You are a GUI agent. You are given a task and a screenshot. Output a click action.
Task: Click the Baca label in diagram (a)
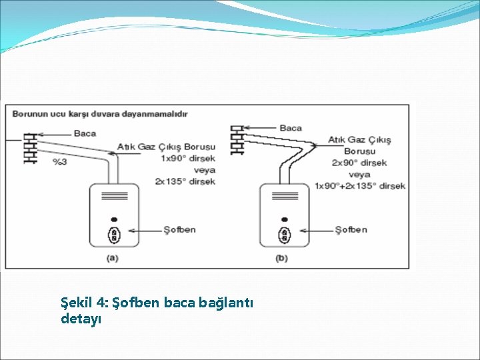coord(85,133)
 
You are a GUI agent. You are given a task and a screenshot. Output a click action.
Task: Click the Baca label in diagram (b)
coord(291,127)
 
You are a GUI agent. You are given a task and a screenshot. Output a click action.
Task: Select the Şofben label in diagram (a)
coord(180,230)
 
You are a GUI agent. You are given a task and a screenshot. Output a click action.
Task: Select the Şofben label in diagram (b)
coord(351,230)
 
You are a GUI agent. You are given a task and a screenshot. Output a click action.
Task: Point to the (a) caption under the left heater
coord(113,257)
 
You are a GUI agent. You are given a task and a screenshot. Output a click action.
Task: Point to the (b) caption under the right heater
coord(283,257)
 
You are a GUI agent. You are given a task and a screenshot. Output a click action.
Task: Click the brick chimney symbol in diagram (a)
coord(29,147)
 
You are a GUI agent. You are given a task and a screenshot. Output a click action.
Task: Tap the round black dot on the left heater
coord(114,219)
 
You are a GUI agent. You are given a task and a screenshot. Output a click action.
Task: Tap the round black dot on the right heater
coord(285,219)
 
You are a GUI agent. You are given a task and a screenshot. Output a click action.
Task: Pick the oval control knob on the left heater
coord(114,234)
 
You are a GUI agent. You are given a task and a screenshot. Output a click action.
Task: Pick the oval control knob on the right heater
coord(285,234)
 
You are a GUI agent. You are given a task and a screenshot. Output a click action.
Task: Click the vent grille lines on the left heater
coord(113,197)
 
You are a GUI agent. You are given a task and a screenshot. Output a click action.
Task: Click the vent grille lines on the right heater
coord(284,197)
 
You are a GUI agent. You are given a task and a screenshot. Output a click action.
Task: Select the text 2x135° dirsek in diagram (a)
coord(185,181)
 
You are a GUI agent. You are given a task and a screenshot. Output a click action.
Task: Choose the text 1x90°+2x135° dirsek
coord(360,185)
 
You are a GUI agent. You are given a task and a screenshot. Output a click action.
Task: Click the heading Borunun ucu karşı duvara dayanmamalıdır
coord(100,114)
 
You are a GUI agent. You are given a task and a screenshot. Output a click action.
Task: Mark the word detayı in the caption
coord(81,319)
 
